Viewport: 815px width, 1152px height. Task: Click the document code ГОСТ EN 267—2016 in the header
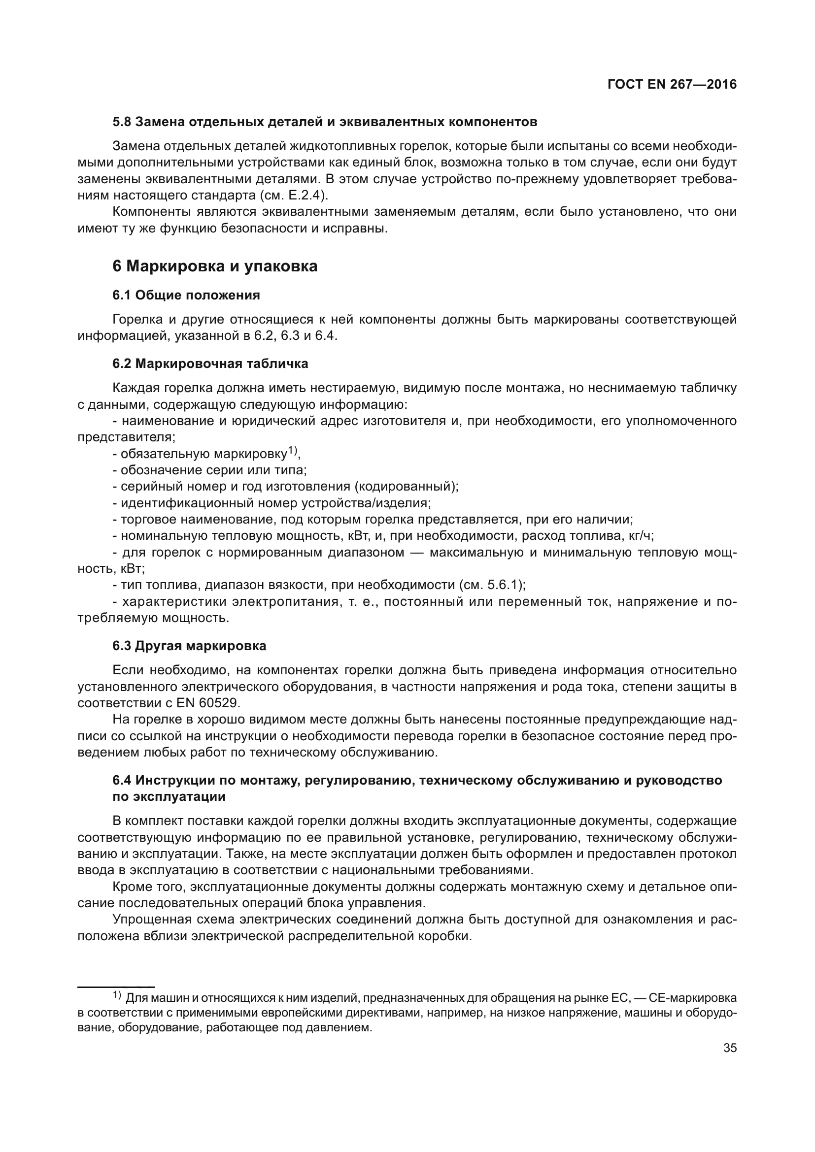tap(672, 84)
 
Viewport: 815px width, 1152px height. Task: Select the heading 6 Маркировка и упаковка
tap(215, 266)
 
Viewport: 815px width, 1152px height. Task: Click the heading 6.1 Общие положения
tap(186, 295)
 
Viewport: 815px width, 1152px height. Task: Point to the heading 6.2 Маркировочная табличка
tap(210, 364)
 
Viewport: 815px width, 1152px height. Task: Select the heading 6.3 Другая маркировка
tap(189, 646)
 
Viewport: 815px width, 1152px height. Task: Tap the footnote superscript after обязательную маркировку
tap(293, 452)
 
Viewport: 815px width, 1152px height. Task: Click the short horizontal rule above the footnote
tap(116, 987)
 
